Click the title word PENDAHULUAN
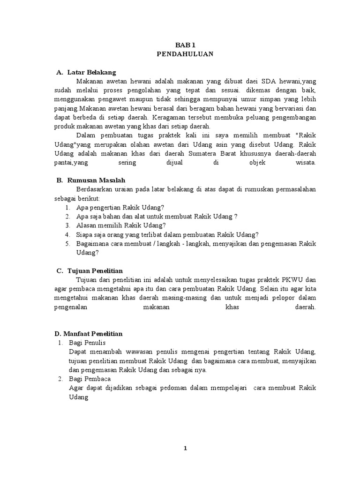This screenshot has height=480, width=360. click(185, 54)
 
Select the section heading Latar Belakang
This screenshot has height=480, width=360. click(91, 72)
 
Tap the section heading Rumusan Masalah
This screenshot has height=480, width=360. click(96, 180)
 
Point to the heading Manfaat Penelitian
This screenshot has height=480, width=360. click(89, 334)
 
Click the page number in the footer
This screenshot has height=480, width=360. click(185, 449)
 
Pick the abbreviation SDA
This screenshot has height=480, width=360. click(265, 81)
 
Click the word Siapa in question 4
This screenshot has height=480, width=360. click(84, 234)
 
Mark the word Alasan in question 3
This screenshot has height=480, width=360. click(85, 225)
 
